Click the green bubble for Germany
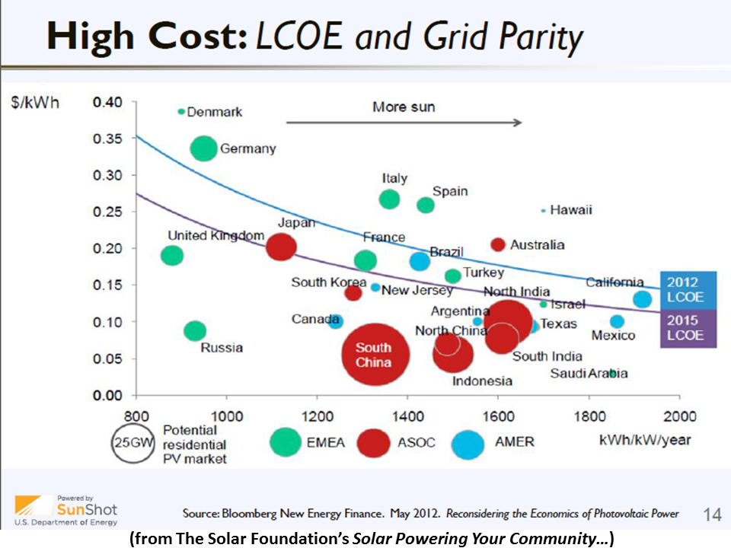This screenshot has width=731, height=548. tap(203, 148)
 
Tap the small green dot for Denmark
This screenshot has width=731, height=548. tap(181, 111)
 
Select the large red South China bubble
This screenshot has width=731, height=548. tap(373, 354)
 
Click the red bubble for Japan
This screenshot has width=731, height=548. tap(281, 247)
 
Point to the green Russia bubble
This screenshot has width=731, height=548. tap(195, 331)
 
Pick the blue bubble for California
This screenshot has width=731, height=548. tap(643, 299)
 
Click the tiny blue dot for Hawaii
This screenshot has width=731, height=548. tap(543, 210)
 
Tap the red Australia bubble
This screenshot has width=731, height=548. tap(498, 244)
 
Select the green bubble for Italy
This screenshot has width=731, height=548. tap(389, 199)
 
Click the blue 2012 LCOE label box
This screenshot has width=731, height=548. tap(688, 290)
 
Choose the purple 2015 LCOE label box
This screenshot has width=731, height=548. tap(688, 328)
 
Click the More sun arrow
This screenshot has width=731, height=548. tap(404, 122)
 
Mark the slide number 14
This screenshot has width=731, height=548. tap(711, 515)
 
